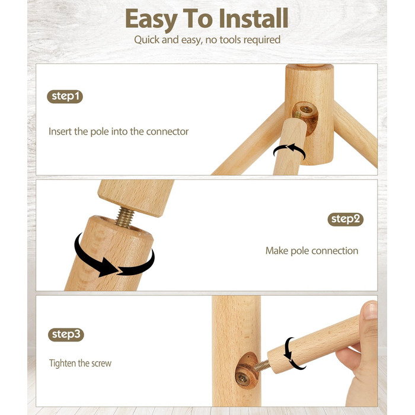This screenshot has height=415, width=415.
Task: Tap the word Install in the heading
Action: [254, 18]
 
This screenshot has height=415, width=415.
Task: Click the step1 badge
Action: [65, 96]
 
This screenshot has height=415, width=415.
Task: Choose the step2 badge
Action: [346, 219]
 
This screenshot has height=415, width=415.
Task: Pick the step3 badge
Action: [66, 334]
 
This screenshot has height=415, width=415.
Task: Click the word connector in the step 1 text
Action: [167, 132]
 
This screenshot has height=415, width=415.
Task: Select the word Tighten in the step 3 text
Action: [62, 363]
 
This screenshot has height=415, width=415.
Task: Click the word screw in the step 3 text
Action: [101, 363]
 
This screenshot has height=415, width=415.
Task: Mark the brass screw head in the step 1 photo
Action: [306, 108]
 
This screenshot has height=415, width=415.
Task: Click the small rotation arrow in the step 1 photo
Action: [289, 150]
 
